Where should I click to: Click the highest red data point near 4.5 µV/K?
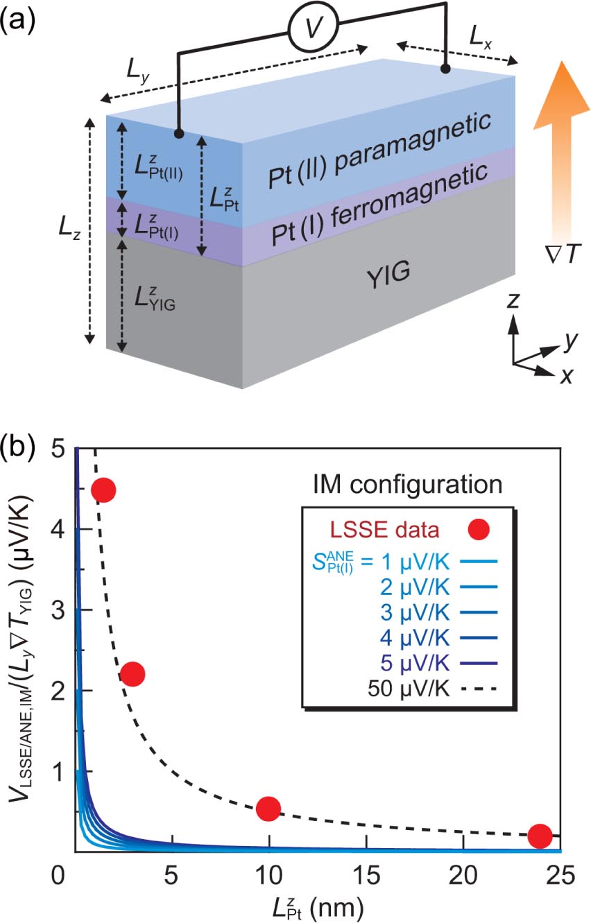[x=103, y=490]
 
